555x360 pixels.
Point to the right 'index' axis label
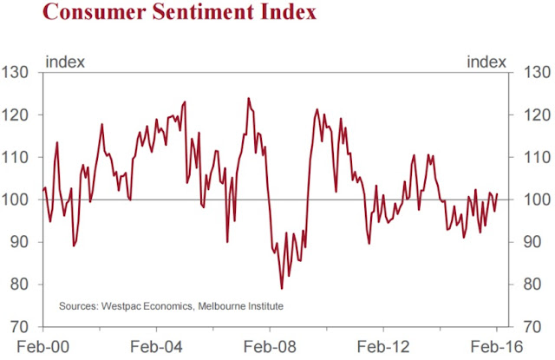point(486,61)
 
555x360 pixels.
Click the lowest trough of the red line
point(282,288)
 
